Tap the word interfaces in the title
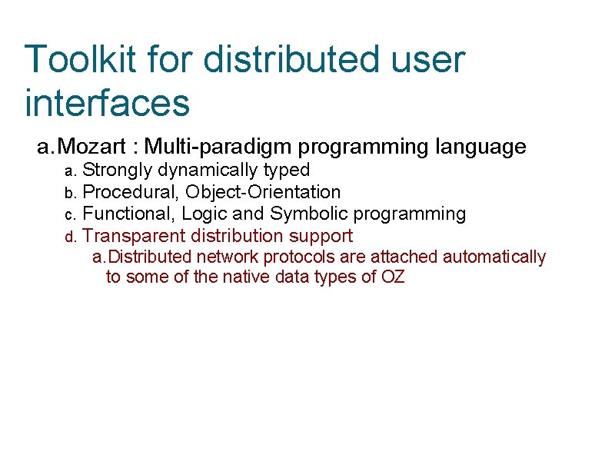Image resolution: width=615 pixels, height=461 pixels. point(107,103)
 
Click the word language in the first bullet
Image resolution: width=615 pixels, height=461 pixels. point(480,146)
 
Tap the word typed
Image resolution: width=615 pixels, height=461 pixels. point(287,170)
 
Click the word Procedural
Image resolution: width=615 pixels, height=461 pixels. point(131,192)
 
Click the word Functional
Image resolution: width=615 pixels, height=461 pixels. point(128,214)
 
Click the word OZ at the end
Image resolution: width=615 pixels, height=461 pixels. point(393,277)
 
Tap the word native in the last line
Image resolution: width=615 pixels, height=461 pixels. point(244,277)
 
